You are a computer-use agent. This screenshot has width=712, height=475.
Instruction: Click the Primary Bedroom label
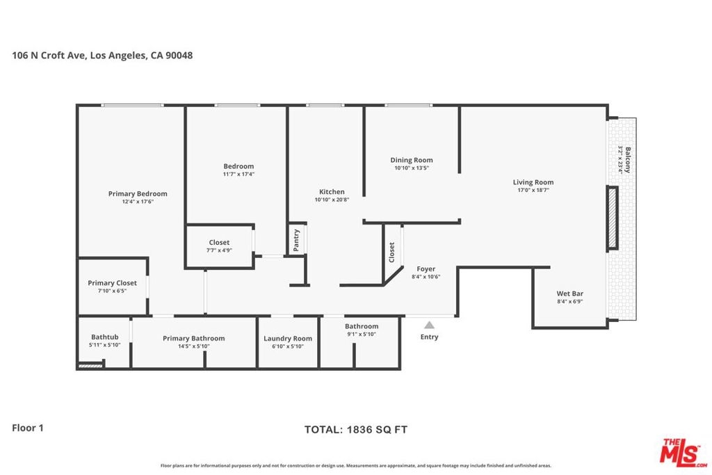[x=138, y=194]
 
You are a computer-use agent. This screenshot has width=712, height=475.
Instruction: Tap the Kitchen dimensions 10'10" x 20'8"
[x=332, y=200]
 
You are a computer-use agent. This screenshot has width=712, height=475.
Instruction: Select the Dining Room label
[x=412, y=160]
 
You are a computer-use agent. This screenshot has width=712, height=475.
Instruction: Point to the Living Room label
[x=533, y=182]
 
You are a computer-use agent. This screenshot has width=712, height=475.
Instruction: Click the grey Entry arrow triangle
[x=429, y=325]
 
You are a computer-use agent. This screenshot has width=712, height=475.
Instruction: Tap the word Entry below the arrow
[x=429, y=337]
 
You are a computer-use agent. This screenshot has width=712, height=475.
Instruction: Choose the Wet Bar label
[x=570, y=293]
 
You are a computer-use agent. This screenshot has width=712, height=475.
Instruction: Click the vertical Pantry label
[x=296, y=240]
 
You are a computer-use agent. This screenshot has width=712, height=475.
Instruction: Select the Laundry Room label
[x=288, y=339]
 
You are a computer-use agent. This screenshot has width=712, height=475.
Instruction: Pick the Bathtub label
[x=104, y=337]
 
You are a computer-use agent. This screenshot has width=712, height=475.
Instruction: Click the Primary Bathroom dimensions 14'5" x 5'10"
[x=194, y=346]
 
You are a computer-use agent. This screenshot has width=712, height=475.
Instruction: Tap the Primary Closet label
[x=112, y=283]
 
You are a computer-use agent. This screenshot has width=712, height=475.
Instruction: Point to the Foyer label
[x=426, y=269]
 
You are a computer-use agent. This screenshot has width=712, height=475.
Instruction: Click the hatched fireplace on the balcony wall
[x=613, y=218]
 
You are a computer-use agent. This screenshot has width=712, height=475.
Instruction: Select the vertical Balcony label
[x=628, y=160]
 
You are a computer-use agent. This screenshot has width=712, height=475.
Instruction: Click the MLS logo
[x=683, y=453]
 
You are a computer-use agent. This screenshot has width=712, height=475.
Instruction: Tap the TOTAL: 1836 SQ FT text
[x=356, y=430]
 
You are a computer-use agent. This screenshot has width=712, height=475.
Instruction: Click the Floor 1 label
[x=28, y=428]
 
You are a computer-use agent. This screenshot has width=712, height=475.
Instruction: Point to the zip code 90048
[x=179, y=56]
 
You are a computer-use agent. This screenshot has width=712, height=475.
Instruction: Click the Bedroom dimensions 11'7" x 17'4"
[x=239, y=175]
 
